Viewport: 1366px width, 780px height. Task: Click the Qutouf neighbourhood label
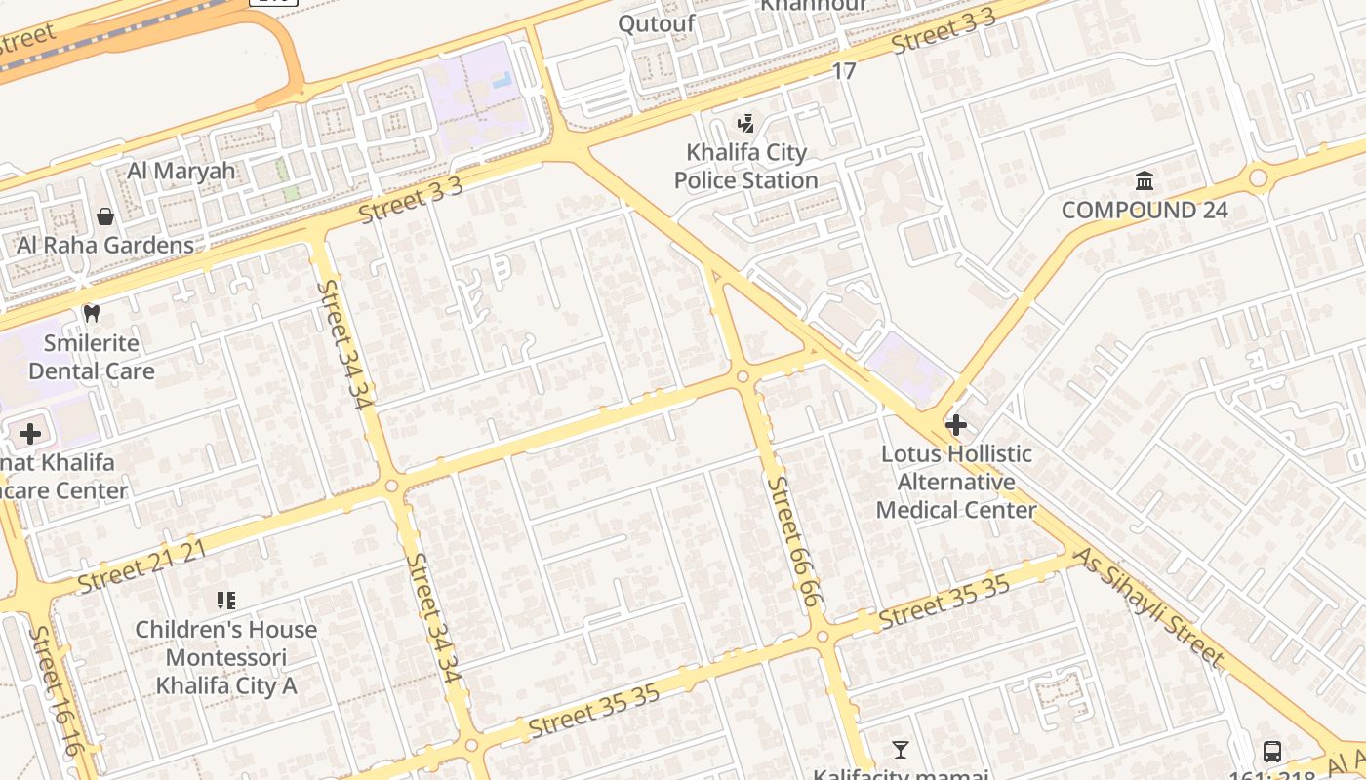(657, 23)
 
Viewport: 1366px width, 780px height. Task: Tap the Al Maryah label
(181, 171)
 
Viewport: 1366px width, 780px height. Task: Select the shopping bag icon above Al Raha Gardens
(105, 215)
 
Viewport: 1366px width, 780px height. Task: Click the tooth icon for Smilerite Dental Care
(92, 314)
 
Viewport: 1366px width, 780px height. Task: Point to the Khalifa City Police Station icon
(746, 124)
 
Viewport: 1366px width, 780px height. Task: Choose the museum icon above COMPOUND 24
(1145, 181)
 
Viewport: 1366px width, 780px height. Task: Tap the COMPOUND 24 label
(1145, 210)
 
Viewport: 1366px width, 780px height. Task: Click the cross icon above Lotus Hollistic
(956, 425)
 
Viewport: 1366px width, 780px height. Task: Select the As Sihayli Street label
(1147, 606)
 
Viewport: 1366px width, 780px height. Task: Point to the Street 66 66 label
(795, 541)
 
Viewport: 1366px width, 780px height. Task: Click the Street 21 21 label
(142, 566)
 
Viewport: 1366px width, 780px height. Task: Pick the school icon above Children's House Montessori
(226, 601)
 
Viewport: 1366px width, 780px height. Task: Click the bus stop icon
(1272, 751)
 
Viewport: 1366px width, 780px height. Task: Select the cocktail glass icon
(901, 750)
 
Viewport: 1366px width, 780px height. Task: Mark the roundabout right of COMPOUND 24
(1258, 177)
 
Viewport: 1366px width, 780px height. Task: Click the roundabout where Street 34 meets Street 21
(392, 486)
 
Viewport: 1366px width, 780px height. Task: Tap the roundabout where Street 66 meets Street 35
(823, 637)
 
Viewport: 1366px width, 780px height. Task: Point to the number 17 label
(844, 71)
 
